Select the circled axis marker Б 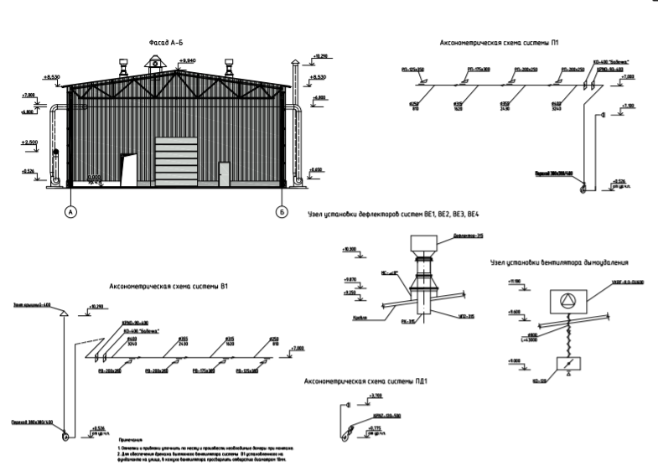click(280, 213)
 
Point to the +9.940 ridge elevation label click(188, 61)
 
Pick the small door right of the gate click(225, 173)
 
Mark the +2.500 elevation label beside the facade click(30, 143)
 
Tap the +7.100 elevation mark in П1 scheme click(628, 106)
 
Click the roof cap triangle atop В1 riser click(64, 313)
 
